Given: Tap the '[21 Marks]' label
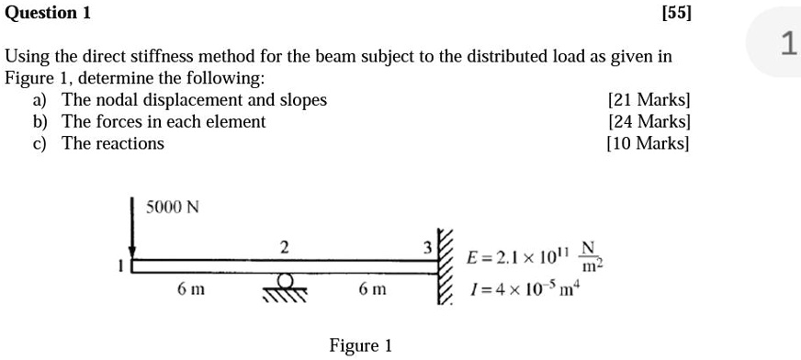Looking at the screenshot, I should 649,99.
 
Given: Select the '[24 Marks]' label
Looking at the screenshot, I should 649,121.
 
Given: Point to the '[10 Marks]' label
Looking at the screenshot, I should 649,143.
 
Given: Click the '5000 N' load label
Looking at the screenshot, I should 173,207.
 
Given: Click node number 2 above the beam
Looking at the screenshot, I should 285,246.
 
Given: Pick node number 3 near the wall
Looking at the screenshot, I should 425,248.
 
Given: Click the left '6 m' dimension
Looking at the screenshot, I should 190,289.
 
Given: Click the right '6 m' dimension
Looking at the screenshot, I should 372,289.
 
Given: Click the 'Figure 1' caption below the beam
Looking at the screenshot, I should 360,345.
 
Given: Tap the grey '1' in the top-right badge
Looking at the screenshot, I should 787,42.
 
